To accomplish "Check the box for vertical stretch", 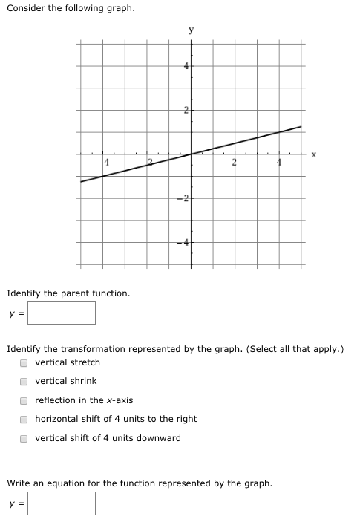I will pos(24,363).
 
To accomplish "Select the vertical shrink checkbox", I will pos(24,382).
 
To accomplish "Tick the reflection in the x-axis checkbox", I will pos(24,400).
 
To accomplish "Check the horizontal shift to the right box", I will pos(24,420).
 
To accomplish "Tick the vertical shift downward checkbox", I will pos(24,438).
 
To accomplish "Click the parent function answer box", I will pos(62,313).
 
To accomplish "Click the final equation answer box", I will pos(62,503).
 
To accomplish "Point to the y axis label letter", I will pos(192,30).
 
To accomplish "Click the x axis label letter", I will pos(314,154).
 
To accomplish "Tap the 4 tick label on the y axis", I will pos(187,67).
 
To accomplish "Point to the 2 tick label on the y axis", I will pos(187,111).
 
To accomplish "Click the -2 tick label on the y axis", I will pos(185,198).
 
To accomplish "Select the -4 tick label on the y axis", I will pos(185,242).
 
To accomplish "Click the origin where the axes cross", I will pos(191,154).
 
